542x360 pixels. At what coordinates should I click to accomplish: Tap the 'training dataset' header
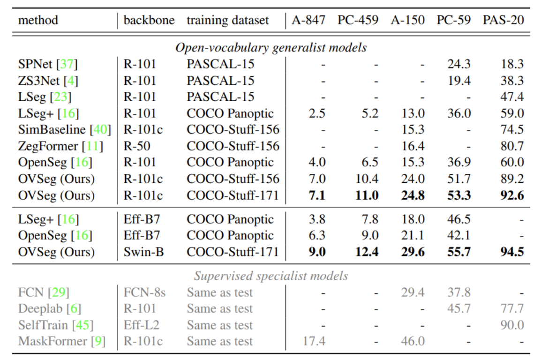click(228, 21)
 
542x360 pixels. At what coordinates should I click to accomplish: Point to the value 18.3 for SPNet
click(512, 64)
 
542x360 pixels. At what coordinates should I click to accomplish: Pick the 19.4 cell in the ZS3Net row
click(459, 81)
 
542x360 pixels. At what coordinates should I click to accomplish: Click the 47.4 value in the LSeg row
click(512, 97)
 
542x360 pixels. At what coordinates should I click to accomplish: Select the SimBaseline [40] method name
click(64, 129)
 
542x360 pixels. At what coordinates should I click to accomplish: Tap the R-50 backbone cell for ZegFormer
click(137, 146)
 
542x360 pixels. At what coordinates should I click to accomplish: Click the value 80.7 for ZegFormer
click(512, 146)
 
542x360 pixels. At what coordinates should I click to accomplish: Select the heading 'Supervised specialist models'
click(271, 276)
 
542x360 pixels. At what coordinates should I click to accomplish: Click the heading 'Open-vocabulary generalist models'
click(271, 47)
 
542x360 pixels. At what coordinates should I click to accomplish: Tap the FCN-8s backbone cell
click(144, 292)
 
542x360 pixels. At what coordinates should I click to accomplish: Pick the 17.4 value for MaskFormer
click(314, 341)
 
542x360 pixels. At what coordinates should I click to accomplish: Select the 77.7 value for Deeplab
click(512, 309)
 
